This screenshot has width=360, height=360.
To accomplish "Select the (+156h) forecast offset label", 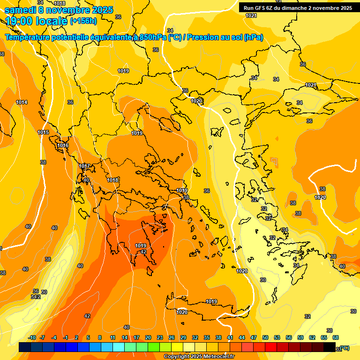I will [x=83, y=21].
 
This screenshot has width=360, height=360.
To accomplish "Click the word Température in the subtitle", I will [x=30, y=37].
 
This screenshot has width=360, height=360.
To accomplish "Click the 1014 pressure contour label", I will [x=22, y=102].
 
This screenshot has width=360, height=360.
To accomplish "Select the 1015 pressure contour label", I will [x=43, y=133].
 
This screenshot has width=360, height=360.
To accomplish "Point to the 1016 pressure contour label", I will [x=63, y=146].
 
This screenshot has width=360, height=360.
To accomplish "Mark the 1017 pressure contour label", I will [x=84, y=166].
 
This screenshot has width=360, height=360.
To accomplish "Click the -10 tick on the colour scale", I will [x=32, y=337].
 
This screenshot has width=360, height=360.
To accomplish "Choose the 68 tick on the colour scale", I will [x=336, y=337].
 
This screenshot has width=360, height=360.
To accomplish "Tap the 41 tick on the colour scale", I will [x=230, y=337].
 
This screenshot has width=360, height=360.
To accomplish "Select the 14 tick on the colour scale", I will [x=125, y=337].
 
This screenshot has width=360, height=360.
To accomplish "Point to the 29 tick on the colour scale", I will [x=183, y=337].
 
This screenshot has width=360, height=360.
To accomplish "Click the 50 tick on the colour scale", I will [x=265, y=337].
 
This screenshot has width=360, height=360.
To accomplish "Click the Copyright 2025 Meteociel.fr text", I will [x=199, y=356].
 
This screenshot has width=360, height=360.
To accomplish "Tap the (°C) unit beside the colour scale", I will [x=345, y=348].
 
